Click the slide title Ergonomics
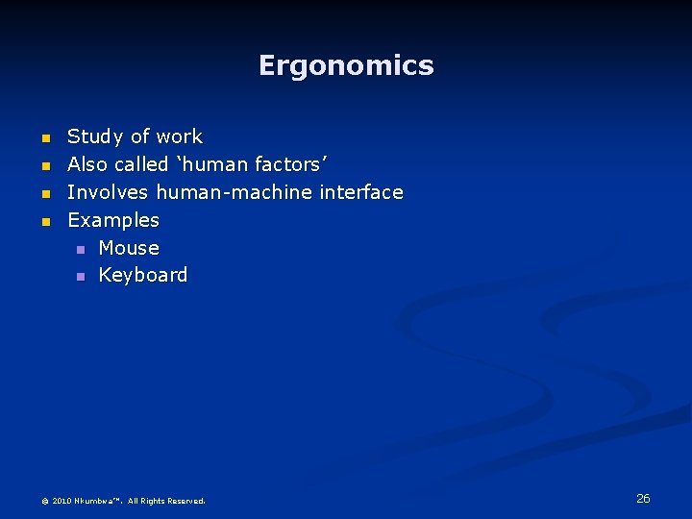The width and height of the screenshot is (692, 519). [x=346, y=65]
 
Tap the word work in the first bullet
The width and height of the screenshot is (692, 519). [x=182, y=136]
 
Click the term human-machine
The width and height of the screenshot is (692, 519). [x=234, y=192]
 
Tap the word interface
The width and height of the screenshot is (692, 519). [x=361, y=192]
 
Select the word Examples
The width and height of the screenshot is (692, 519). [x=113, y=220]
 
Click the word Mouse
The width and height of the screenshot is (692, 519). [x=129, y=248]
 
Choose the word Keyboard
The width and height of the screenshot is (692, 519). [x=143, y=275]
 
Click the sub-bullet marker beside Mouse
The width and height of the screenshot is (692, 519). [x=81, y=249]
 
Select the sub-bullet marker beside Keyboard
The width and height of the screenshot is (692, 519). [x=81, y=277]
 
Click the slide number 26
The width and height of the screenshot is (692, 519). [x=643, y=498]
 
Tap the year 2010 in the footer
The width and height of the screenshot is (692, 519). [x=62, y=501]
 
